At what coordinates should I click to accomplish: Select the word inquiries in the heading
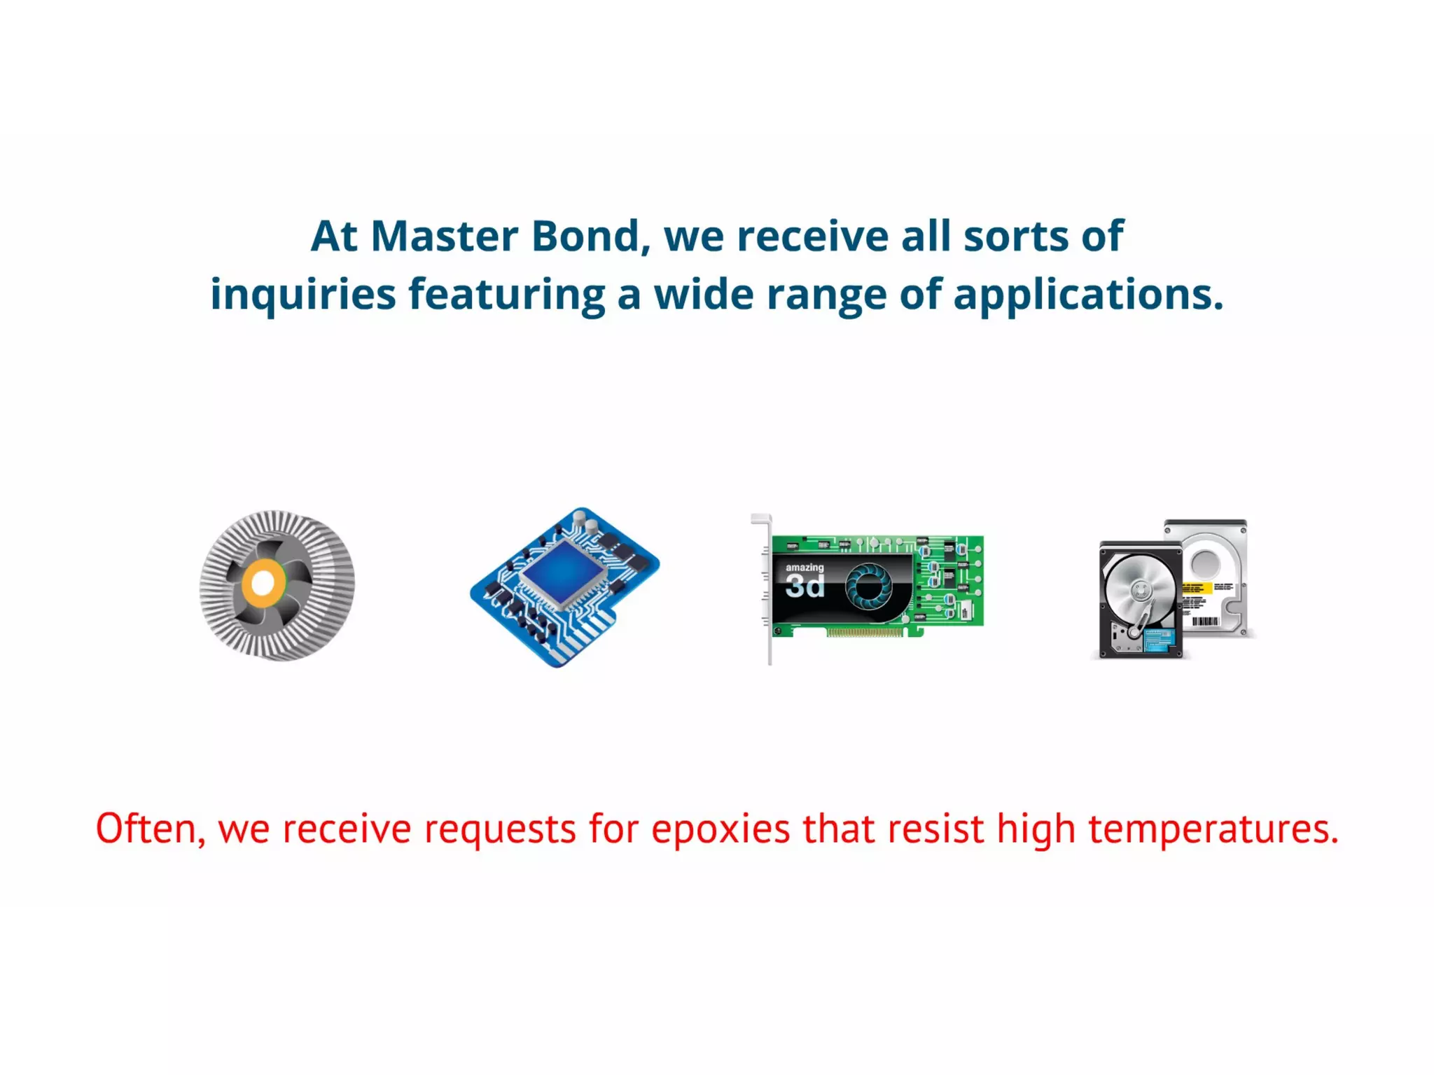302,294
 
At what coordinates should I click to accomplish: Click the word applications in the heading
1087,294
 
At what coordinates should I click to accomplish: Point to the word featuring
506,294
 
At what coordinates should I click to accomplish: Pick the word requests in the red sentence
500,829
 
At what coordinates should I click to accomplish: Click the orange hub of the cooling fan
263,582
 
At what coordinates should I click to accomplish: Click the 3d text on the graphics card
805,586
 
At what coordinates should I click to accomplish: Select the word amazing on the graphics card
805,568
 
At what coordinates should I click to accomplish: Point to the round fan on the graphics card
869,586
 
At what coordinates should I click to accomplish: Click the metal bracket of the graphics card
769,595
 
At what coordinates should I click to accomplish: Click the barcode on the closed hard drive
1205,621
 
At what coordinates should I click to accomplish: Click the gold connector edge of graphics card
865,633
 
